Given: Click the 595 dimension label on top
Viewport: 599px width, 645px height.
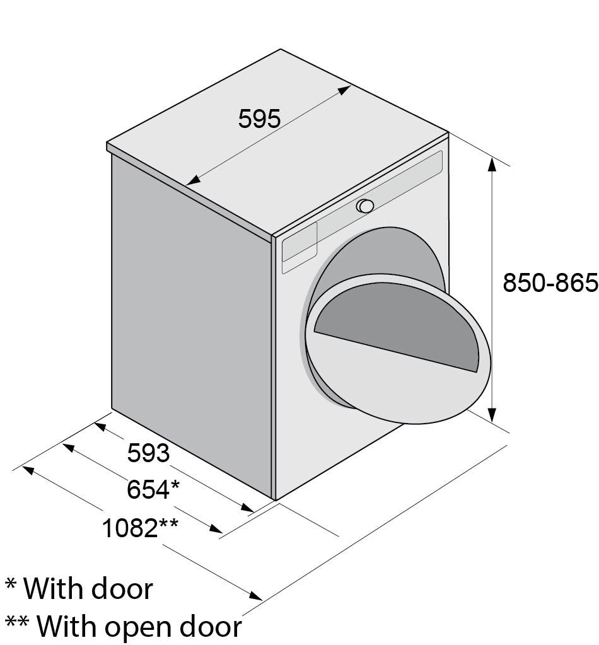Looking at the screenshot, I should [x=259, y=119].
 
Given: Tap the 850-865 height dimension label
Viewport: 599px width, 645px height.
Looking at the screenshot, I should [x=549, y=283].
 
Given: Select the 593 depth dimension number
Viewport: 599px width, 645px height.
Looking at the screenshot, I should [x=149, y=453].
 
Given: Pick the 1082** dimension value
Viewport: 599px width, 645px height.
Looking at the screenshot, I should [x=140, y=528].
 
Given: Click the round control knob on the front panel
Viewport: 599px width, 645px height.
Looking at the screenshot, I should [x=364, y=206].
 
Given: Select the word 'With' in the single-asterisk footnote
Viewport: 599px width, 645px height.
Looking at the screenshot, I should [x=54, y=589].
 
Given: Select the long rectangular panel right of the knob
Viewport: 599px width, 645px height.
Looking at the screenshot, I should [x=410, y=177].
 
